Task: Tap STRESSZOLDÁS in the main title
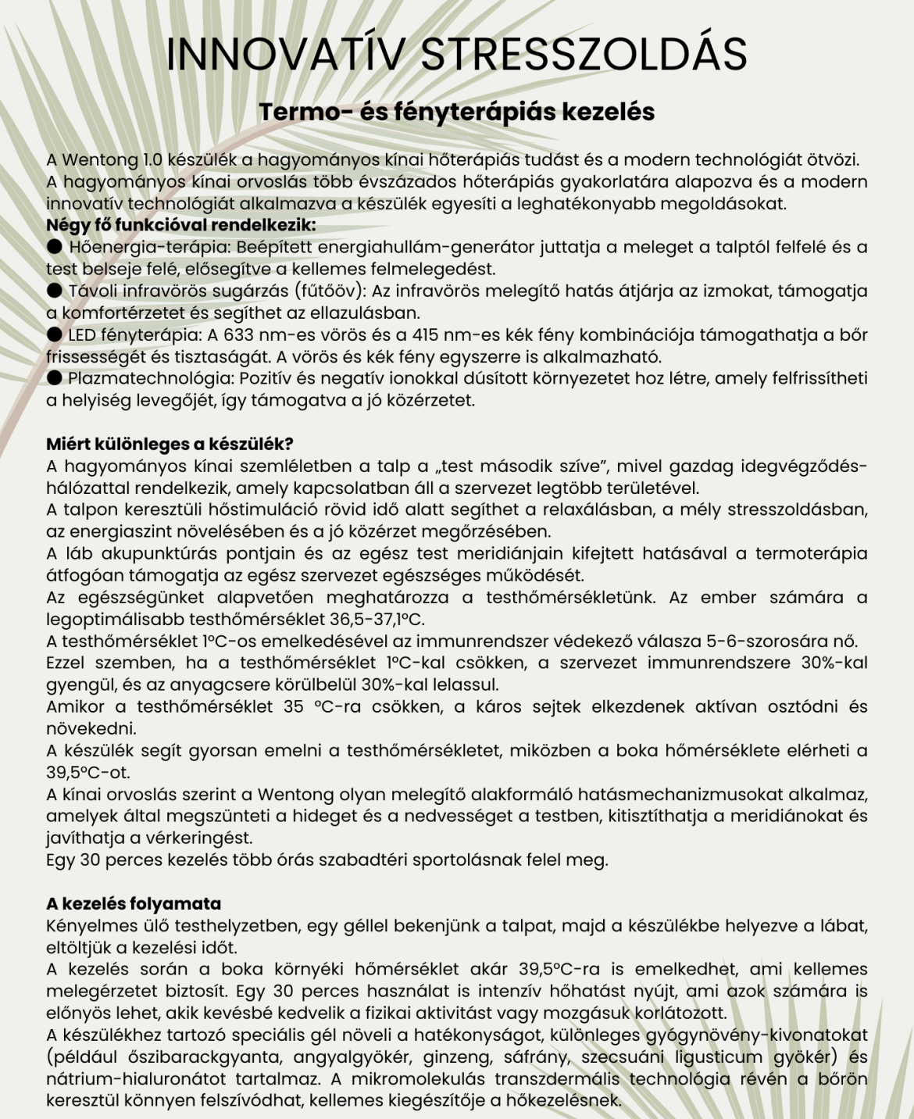[x=584, y=53]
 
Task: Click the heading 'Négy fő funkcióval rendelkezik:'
[x=181, y=226]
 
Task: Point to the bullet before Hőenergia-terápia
[x=54, y=248]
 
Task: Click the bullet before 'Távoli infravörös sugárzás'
[x=54, y=291]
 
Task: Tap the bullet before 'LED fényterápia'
[x=54, y=335]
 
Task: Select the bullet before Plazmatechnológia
[x=54, y=379]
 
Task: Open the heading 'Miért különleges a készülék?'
[x=170, y=445]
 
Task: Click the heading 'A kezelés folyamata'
[x=134, y=904]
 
